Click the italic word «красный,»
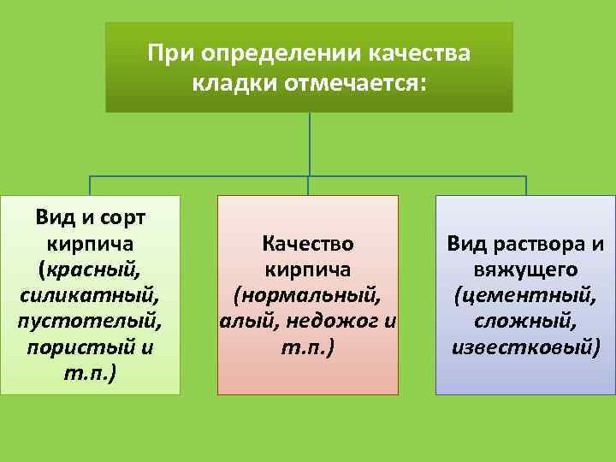[90, 270]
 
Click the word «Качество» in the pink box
[308, 244]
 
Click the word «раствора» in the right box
[543, 244]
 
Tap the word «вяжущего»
[526, 270]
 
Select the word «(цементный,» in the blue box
[526, 297]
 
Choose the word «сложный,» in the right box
[526, 323]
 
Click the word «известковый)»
[526, 350]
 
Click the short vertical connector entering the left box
[90, 187]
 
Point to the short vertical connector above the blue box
[525, 187]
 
